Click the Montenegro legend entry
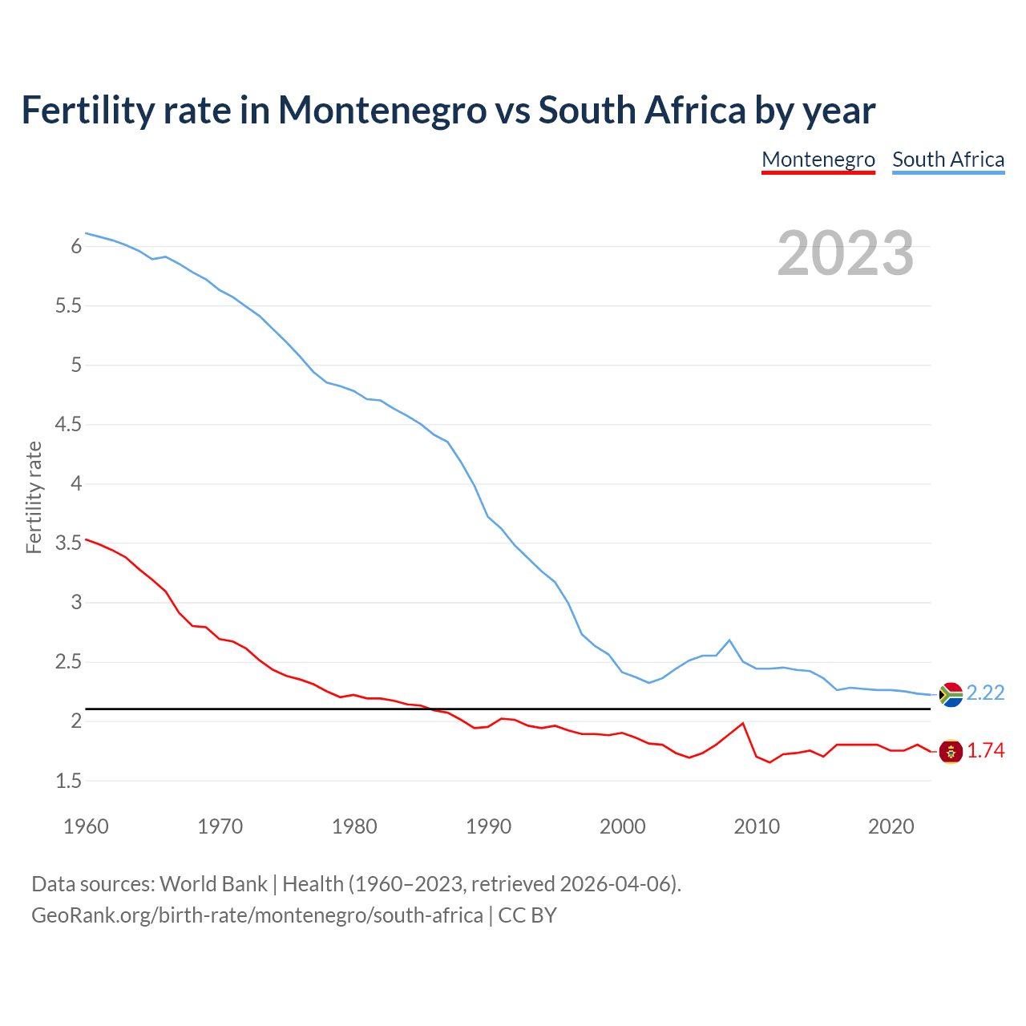click(818, 160)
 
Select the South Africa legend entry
click(948, 160)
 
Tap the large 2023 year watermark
click(846, 253)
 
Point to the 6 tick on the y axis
click(77, 246)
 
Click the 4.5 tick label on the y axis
click(68, 424)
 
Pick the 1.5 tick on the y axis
click(68, 781)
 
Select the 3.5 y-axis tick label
click(68, 543)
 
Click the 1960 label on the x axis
click(86, 826)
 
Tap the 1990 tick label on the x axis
click(488, 826)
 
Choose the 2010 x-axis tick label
click(757, 826)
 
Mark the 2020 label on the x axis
click(891, 826)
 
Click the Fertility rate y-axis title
click(34, 497)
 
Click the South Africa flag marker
click(951, 694)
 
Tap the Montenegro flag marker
click(951, 752)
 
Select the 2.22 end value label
click(985, 693)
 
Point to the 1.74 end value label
click(985, 750)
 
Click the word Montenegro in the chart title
click(382, 110)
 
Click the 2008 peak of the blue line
click(729, 640)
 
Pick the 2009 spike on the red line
click(743, 724)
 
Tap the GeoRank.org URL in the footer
click(256, 915)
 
